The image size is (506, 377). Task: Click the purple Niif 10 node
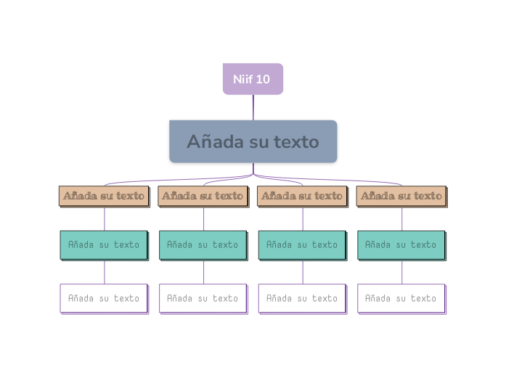(253, 79)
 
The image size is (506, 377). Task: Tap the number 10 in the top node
(263, 79)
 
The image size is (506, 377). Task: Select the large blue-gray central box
(253, 141)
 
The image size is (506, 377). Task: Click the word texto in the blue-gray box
(295, 142)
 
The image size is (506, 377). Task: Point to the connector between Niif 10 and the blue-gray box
(253, 107)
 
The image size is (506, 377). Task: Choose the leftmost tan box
(104, 196)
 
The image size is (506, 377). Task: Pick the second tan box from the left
(203, 196)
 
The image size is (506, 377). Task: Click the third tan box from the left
(301, 196)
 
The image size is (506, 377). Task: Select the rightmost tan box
(401, 196)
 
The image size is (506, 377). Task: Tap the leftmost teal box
(104, 245)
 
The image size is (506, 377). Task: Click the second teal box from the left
(203, 245)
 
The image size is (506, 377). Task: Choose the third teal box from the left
(302, 245)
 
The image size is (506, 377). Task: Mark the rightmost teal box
(401, 245)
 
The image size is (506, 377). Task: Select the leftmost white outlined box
(104, 298)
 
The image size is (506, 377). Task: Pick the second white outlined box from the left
(203, 298)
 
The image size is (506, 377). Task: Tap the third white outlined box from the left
(302, 298)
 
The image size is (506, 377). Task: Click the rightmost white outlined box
(401, 298)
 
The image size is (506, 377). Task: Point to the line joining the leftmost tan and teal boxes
(105, 219)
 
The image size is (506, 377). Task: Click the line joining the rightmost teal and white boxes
(402, 272)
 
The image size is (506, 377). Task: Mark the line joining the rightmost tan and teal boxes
(402, 219)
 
